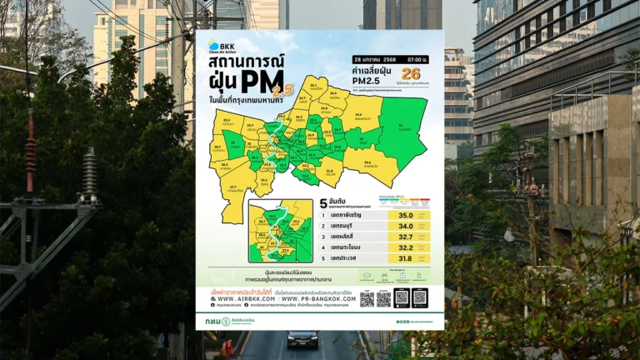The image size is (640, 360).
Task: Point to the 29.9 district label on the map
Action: point(359,117)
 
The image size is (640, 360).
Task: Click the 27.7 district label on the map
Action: point(232,187)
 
